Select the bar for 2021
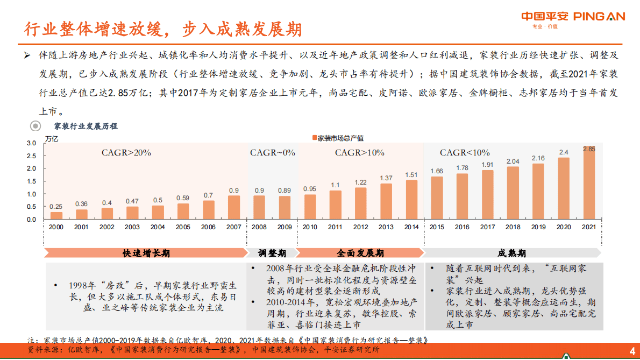[x=589, y=183]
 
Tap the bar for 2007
[x=234, y=208]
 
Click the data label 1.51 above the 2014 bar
[x=411, y=175]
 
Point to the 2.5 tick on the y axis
[x=31, y=156]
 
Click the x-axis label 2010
[x=310, y=227]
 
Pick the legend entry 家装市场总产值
[x=337, y=138]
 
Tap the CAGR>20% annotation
[x=126, y=153]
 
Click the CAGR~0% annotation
[x=273, y=153]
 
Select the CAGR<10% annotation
[x=465, y=153]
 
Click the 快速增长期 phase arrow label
[x=146, y=253]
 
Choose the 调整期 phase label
[x=273, y=253]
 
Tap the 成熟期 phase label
[x=512, y=253]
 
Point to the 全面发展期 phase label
[x=360, y=253]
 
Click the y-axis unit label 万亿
[x=52, y=138]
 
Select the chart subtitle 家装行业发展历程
[x=86, y=126]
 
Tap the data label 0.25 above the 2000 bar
[x=56, y=207]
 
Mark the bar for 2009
[x=285, y=208]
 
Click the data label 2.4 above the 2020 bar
[x=564, y=152]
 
